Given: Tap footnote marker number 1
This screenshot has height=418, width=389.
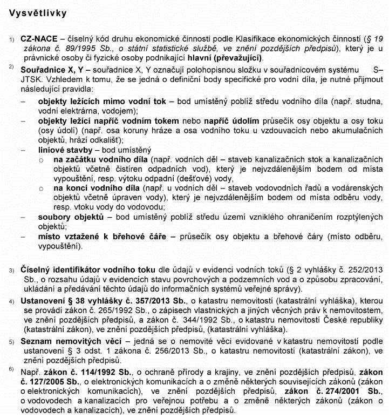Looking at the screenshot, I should tap(11, 39).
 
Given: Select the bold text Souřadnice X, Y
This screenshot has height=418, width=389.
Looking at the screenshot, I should tap(53, 70).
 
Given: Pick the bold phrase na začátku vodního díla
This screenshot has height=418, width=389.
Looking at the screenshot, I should tap(101, 160).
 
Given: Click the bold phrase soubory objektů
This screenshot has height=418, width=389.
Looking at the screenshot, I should tap(70, 217).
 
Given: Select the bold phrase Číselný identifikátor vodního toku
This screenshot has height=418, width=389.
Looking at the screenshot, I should tap(87, 269).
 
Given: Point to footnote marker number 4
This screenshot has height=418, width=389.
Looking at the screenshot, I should tap(11, 300).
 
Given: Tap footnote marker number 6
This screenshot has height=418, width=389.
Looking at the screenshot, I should tap(11, 369).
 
